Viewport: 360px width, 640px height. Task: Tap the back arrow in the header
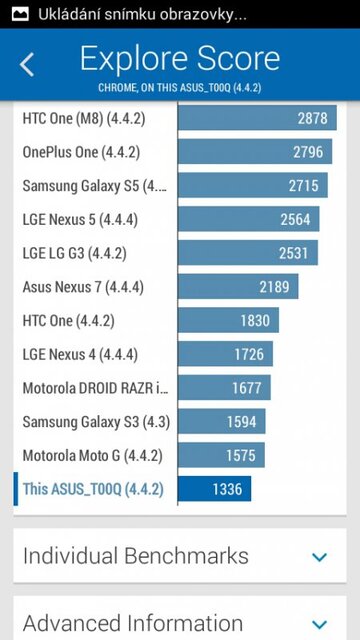[x=27, y=65]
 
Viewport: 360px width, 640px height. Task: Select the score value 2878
[x=312, y=118]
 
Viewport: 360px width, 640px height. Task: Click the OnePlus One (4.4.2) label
[x=81, y=152]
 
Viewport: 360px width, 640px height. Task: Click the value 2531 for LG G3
[x=293, y=253]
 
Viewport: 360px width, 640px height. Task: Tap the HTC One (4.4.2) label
[x=68, y=321]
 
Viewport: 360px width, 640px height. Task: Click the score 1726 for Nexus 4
[x=246, y=354]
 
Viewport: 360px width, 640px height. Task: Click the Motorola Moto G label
[x=92, y=455]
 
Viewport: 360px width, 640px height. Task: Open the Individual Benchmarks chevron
[x=320, y=557]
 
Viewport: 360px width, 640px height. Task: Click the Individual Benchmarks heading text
[x=136, y=556]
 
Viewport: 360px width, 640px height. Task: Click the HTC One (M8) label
[x=80, y=118]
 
